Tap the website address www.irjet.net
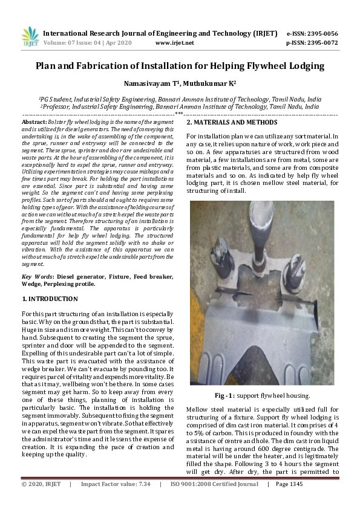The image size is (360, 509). point(174,43)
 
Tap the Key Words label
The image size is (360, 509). point(38,276)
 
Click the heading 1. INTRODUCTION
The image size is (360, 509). point(50,299)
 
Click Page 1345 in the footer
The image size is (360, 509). point(290,501)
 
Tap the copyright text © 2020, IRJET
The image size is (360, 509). point(42,501)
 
